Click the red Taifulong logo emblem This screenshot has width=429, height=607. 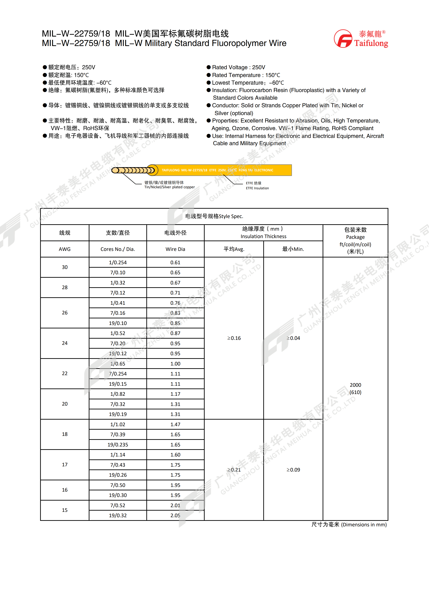click(x=343, y=39)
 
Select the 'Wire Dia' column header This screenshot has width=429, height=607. click(x=175, y=249)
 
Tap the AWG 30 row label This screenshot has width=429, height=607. click(x=65, y=267)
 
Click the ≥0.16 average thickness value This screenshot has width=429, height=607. click(x=234, y=338)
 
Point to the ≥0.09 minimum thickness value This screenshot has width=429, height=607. click(x=293, y=470)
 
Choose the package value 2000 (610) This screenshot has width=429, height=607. click(x=355, y=389)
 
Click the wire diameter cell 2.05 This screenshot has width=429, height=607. click(x=175, y=515)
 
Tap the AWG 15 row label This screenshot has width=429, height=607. click(x=65, y=510)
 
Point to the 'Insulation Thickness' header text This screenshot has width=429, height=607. click(x=263, y=236)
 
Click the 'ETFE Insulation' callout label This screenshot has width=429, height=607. click(x=257, y=188)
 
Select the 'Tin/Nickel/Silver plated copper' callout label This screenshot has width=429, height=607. click(x=169, y=187)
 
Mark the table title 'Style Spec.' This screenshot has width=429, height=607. click(x=231, y=216)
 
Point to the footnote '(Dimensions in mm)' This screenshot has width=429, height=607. click(x=364, y=524)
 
